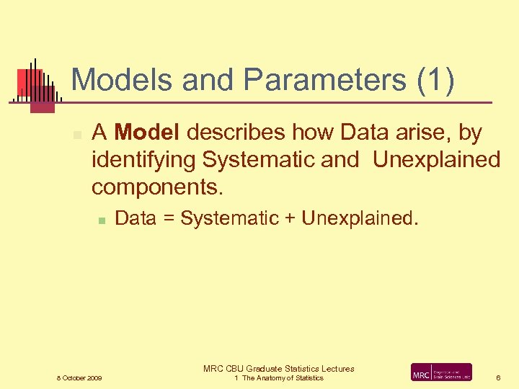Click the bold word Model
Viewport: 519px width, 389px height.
[x=148, y=133]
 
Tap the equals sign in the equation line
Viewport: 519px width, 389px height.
[x=168, y=218]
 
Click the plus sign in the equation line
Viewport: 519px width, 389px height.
[x=290, y=218]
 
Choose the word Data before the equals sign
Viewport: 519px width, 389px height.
[x=136, y=218]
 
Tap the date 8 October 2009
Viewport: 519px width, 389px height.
[x=79, y=378]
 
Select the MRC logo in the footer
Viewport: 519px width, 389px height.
[x=441, y=372]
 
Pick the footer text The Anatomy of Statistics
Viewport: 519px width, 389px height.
[x=283, y=378]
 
